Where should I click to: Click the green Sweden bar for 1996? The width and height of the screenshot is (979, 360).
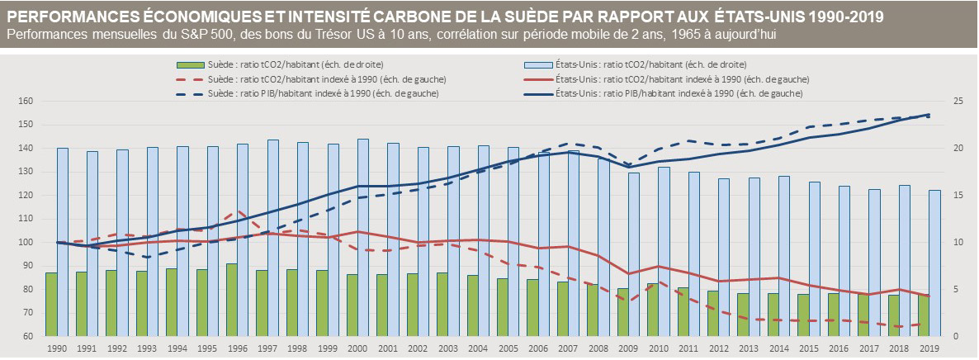[233, 300]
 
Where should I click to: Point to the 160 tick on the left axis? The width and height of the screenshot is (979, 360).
[25, 102]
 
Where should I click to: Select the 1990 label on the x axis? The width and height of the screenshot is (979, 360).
[57, 349]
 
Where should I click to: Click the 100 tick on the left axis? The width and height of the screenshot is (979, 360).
[25, 243]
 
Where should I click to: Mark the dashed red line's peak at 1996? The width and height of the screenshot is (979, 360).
[238, 211]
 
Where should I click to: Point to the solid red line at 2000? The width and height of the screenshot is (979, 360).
[357, 232]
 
